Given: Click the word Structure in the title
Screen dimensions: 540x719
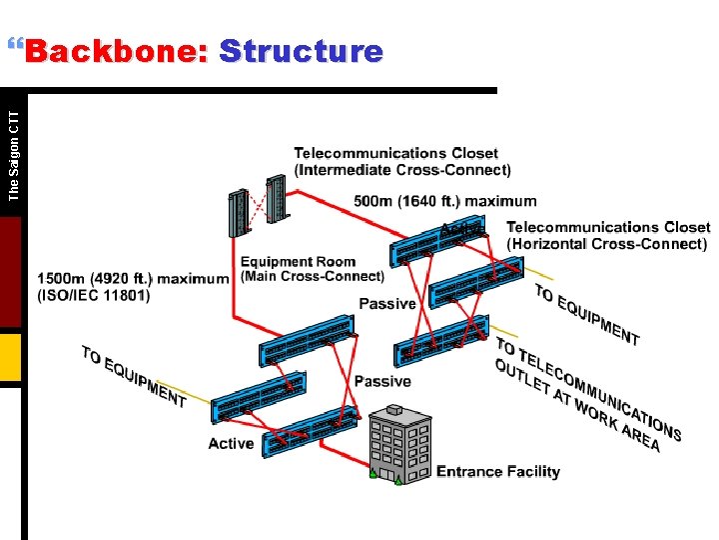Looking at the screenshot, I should pyautogui.click(x=301, y=51).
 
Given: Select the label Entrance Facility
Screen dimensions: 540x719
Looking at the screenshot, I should pyautogui.click(x=498, y=472).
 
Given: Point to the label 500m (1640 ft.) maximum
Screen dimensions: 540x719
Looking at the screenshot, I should pyautogui.click(x=444, y=201).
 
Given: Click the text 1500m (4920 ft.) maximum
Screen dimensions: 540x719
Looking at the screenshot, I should pyautogui.click(x=133, y=278).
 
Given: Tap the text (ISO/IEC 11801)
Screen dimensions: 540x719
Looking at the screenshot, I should pyautogui.click(x=94, y=295).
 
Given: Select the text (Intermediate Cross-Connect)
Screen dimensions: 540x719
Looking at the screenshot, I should pyautogui.click(x=402, y=170).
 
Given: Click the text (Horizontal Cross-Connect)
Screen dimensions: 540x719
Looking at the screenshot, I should pyautogui.click(x=607, y=244).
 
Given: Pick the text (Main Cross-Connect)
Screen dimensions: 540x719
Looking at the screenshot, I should pyautogui.click(x=313, y=276).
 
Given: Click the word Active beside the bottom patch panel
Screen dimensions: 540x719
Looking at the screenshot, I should pyautogui.click(x=231, y=443).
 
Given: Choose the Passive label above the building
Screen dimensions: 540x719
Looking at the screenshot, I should pyautogui.click(x=382, y=381).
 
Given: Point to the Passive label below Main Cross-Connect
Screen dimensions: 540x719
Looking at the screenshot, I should pyautogui.click(x=386, y=303).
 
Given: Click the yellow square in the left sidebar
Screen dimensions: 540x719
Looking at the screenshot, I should pyautogui.click(x=10, y=358).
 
